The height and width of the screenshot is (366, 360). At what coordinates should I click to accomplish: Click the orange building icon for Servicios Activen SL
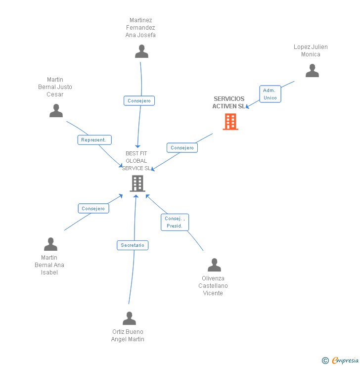tap(230, 122)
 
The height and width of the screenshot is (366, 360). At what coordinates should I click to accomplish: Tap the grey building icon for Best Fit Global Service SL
tap(137, 183)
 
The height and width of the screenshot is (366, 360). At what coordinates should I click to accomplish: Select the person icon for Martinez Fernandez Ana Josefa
tap(141, 51)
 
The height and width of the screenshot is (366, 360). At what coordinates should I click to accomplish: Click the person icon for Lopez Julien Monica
tap(312, 71)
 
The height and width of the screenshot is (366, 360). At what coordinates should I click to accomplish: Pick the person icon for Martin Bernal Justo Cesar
tap(56, 111)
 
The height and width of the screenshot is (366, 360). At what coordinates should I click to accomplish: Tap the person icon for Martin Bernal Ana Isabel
tap(50, 244)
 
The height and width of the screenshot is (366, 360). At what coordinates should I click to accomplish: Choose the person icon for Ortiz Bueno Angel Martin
tap(129, 319)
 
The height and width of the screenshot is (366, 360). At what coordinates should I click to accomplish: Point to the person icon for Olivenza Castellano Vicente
tap(214, 265)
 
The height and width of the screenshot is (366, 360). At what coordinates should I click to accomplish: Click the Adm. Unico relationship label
tap(270, 94)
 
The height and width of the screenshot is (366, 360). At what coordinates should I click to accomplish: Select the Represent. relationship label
tap(94, 140)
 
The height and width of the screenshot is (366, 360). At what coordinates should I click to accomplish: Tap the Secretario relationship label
tap(133, 245)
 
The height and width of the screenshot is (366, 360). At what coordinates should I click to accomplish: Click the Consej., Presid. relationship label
tap(175, 222)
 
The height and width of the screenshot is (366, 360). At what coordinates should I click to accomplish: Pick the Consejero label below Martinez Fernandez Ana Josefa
tap(139, 101)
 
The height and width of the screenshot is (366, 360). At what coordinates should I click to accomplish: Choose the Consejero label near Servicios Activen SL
tap(182, 147)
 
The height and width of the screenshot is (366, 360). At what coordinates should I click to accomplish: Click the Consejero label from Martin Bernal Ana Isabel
tap(93, 209)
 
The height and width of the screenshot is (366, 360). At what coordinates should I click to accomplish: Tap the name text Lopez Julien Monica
tap(311, 50)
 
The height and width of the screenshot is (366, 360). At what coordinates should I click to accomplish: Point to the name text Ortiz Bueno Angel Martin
tap(128, 335)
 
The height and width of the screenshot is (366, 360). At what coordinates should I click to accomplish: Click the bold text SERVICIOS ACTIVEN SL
tap(228, 102)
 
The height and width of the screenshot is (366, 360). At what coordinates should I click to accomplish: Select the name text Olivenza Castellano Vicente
tap(213, 286)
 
